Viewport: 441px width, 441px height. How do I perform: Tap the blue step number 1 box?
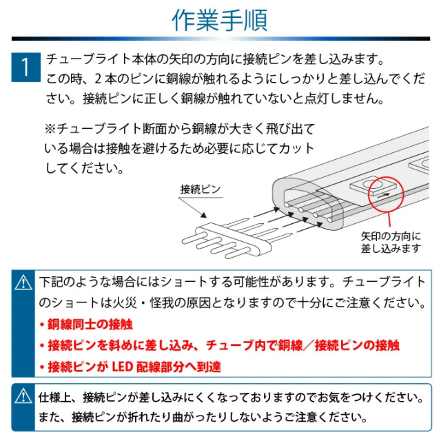click(x=25, y=67)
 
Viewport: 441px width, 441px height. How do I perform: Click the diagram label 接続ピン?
click(x=200, y=188)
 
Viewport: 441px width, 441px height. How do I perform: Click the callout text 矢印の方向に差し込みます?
click(x=391, y=242)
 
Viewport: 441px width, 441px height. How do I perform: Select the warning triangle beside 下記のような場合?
click(x=24, y=283)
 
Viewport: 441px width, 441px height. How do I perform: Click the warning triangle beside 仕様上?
click(x=24, y=396)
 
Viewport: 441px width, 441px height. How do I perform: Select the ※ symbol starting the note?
click(x=50, y=129)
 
